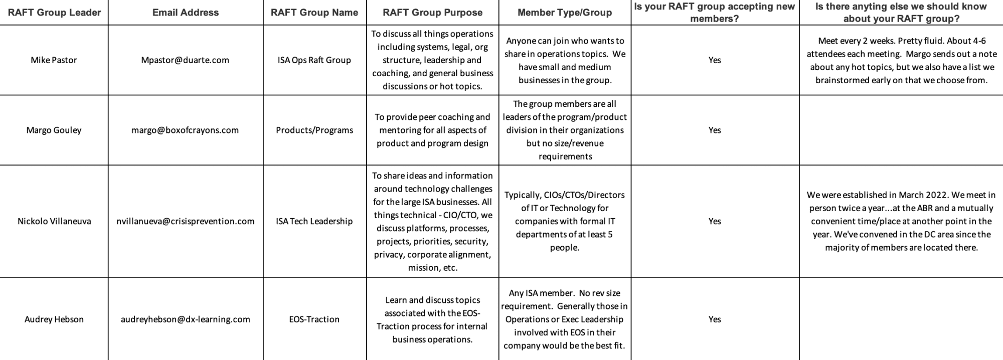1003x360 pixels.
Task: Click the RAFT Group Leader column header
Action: point(54,13)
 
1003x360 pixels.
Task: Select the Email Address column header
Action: point(186,13)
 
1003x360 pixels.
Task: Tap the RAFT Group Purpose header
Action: point(432,13)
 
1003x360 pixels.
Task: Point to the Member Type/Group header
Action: point(565,13)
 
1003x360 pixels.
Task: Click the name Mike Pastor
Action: point(54,60)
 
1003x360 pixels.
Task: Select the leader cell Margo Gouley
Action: point(54,130)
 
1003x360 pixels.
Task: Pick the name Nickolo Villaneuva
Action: point(54,221)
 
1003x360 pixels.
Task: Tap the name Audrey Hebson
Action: point(54,319)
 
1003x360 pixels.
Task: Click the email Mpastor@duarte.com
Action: point(185,60)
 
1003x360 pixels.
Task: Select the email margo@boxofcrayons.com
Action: point(185,130)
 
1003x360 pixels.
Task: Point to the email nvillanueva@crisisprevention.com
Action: point(186,221)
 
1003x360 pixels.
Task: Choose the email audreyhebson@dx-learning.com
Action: point(186,319)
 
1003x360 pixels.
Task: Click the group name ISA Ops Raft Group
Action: point(314,60)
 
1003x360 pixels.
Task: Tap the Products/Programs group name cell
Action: point(314,130)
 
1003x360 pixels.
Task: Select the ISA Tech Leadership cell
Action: point(314,221)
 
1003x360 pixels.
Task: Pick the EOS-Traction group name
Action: point(314,319)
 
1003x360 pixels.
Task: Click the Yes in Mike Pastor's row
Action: point(715,60)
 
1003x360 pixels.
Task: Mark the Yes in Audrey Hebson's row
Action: point(715,319)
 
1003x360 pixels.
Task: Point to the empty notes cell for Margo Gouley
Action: point(901,130)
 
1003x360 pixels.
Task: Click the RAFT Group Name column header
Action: point(314,13)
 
